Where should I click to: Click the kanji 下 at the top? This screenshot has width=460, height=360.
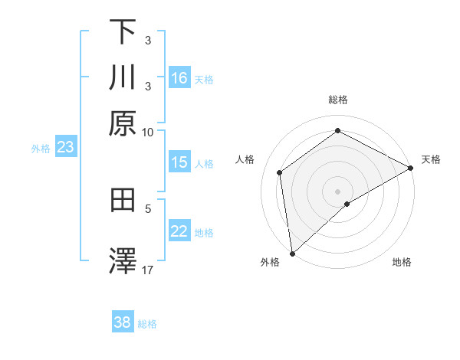[123, 32]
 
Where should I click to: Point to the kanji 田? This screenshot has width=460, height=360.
[123, 200]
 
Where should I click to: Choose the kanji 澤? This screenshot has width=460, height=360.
[123, 260]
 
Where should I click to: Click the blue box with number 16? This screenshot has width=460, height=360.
[179, 78]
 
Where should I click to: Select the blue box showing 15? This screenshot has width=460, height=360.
[179, 162]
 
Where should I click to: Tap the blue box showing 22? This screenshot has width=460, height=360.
[179, 232]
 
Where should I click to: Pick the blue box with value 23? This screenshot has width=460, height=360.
[65, 148]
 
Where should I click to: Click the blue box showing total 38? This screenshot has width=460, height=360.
[123, 322]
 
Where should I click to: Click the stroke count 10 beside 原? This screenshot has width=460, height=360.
[148, 132]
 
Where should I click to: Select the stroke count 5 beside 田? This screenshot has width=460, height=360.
[148, 207]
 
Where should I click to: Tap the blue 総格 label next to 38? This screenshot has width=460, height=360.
[147, 324]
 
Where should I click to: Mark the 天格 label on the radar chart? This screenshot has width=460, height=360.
[431, 159]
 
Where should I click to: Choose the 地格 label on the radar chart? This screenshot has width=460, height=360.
[402, 262]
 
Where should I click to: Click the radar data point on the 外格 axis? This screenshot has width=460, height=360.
[292, 253]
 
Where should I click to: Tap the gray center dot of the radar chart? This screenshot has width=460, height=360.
[337, 191]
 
